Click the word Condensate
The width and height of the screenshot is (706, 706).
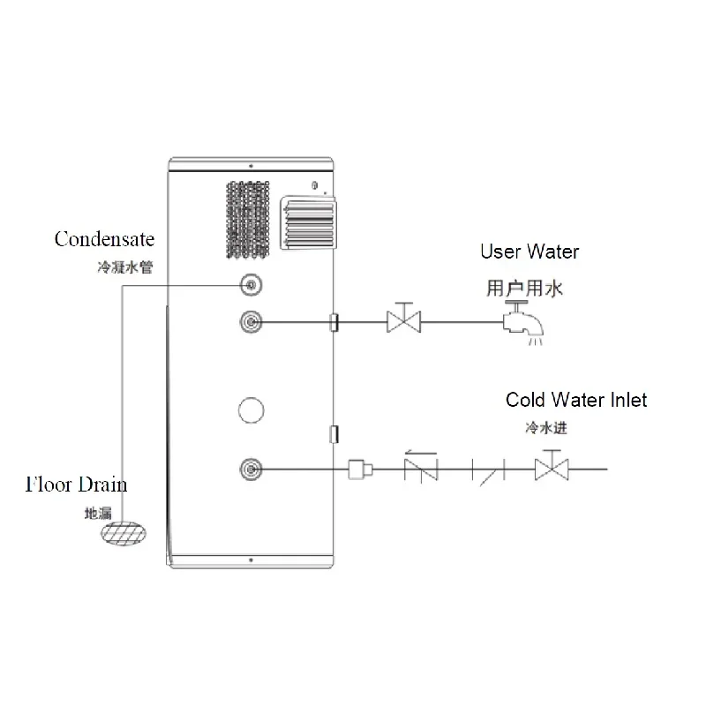click(104, 239)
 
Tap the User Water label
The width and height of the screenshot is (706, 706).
click(529, 252)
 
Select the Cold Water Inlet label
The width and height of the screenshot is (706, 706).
click(575, 401)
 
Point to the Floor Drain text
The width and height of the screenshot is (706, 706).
click(76, 484)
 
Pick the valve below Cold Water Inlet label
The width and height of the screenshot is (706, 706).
click(552, 468)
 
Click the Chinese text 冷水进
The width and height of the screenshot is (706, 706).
click(544, 429)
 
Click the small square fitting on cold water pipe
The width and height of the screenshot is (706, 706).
click(357, 469)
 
